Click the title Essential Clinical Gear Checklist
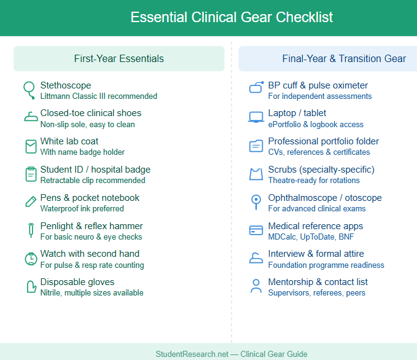click(232, 17)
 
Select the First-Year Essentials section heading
click(119, 59)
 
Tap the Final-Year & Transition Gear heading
click(343, 59)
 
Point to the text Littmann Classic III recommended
click(98, 96)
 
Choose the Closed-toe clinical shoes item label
click(90, 113)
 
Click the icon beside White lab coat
click(31, 146)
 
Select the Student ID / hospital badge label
click(95, 170)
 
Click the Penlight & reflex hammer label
click(92, 226)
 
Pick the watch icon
click(31, 259)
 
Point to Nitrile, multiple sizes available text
click(92, 293)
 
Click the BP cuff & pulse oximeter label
click(318, 85)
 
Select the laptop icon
click(256, 117)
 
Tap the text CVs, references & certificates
click(319, 152)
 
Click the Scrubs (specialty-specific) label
click(321, 170)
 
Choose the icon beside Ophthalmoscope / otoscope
click(256, 202)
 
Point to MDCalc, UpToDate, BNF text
click(311, 237)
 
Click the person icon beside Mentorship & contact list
click(256, 286)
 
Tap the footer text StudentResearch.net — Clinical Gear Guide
click(232, 354)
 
